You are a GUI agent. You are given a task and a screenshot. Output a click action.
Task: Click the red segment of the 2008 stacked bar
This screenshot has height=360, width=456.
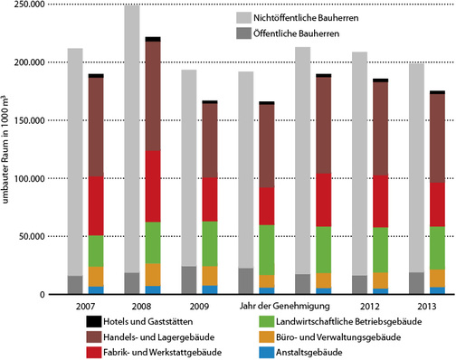(x=152, y=185)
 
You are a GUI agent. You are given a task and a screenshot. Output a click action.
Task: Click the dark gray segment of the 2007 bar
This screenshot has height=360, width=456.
(x=74, y=285)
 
